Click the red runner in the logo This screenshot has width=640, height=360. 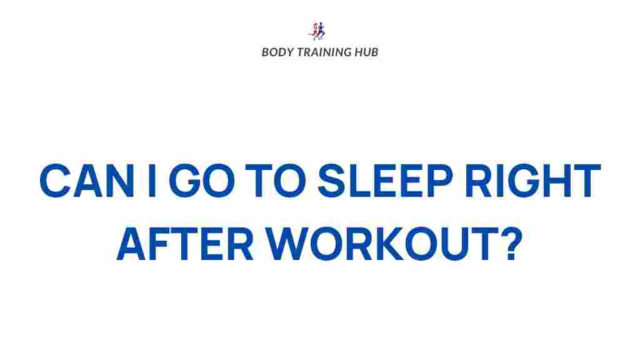pyautogui.click(x=315, y=30)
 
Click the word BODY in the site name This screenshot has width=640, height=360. pyautogui.click(x=275, y=52)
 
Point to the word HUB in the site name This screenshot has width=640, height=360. pyautogui.click(x=366, y=52)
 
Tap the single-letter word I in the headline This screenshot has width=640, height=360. pyautogui.click(x=152, y=181)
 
